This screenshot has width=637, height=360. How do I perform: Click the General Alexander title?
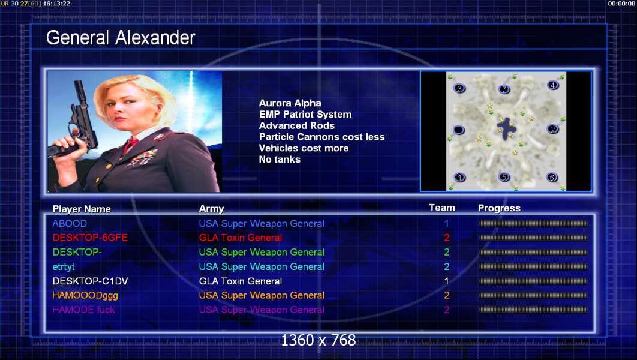121,38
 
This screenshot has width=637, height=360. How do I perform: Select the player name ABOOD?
70,223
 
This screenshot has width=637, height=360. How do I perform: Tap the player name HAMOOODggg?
85,295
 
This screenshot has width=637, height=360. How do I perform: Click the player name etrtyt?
64,266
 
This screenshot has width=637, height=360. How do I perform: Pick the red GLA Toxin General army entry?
240,238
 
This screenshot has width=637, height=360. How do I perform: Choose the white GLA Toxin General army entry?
240,281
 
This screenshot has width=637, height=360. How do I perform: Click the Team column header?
442,208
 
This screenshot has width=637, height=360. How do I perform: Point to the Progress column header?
499,208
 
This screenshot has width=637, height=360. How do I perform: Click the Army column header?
211,209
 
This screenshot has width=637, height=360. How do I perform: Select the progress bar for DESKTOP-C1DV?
533,281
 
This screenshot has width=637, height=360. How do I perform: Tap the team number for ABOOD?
446,223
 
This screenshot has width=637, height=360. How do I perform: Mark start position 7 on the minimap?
504,89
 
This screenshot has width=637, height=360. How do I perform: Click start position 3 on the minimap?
459,88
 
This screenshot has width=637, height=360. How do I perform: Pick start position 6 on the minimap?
552,177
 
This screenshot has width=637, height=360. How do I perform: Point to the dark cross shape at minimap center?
507,129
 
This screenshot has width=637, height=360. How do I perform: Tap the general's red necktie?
130,144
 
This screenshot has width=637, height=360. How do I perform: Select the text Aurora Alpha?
290,103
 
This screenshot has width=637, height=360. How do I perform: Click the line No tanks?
280,159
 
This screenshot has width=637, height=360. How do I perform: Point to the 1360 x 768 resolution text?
318,340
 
